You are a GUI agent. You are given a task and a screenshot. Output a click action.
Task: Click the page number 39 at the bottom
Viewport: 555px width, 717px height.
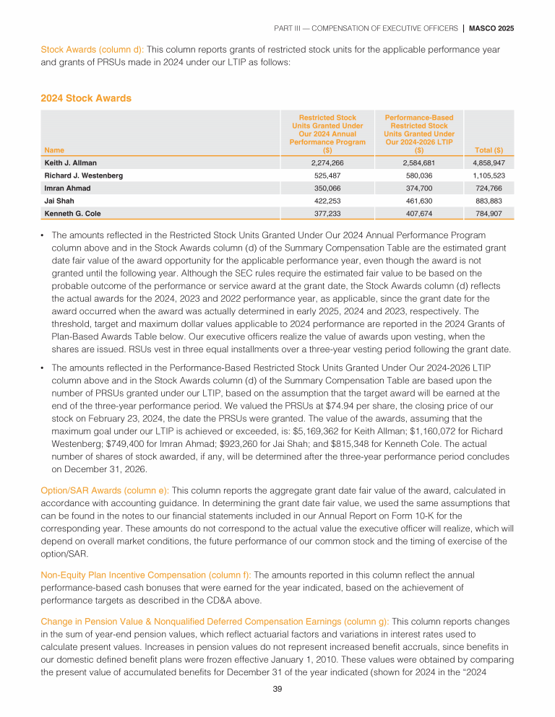[x=277, y=689]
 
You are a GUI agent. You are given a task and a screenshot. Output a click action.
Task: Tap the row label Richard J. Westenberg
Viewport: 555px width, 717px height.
[x=83, y=175]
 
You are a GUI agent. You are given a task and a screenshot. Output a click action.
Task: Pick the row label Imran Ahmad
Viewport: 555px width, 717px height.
[x=67, y=188]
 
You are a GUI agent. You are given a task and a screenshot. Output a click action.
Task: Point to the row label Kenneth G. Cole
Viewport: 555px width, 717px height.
[x=72, y=213]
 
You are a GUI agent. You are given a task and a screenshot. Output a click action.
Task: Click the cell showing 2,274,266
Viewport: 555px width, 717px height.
[x=327, y=163]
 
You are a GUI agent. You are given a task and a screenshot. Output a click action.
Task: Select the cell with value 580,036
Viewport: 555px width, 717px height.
[x=419, y=175]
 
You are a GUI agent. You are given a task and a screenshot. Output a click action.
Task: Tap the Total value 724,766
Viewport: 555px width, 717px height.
[x=488, y=188]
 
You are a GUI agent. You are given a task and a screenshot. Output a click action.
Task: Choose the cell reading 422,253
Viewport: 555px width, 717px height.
[x=327, y=201]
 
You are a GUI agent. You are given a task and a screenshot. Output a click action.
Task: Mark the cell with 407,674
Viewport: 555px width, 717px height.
[x=419, y=213]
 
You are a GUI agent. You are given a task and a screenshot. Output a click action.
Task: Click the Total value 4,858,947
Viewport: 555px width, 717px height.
[x=488, y=163]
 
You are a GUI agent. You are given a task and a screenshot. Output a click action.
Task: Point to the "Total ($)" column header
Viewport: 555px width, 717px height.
[x=489, y=149]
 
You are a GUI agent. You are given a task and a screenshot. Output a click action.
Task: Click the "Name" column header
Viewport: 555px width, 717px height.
[x=53, y=149]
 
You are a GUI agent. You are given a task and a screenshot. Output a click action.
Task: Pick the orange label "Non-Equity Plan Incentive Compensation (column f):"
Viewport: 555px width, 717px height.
[x=146, y=575]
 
